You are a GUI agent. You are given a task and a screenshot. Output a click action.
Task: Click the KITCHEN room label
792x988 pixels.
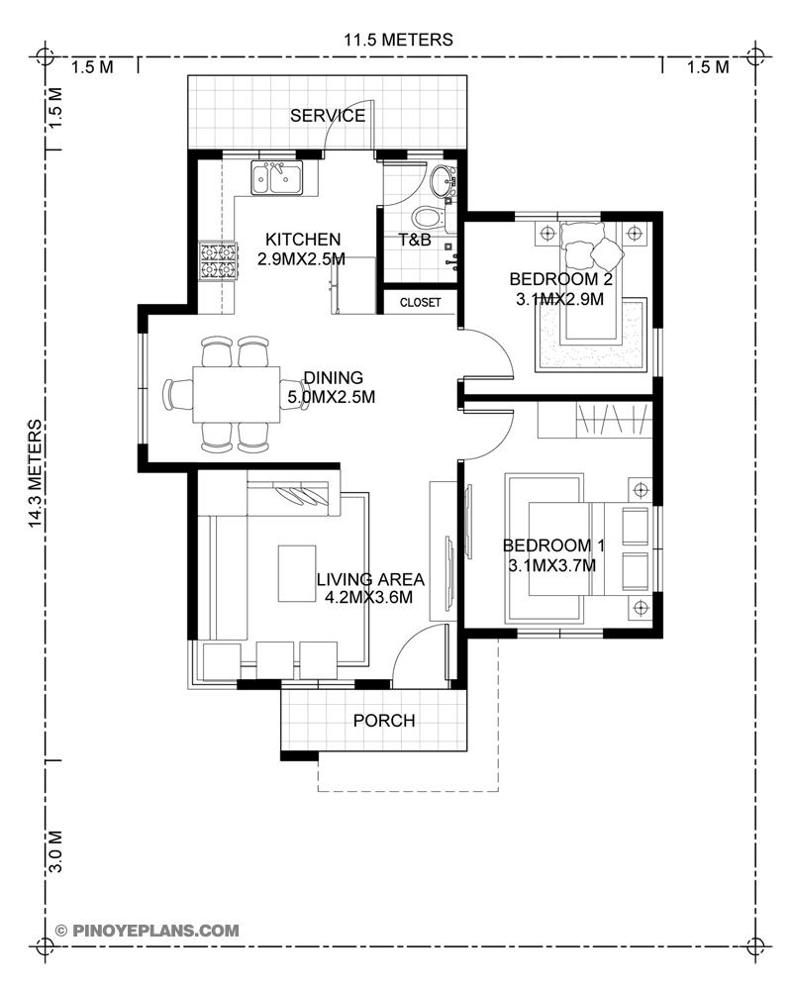(x=302, y=240)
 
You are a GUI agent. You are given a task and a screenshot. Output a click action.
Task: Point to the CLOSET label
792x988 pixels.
(x=420, y=302)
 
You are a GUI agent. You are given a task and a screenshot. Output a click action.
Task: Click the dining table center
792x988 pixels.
(x=235, y=395)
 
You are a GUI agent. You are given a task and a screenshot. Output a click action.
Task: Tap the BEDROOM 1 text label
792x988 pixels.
(x=552, y=545)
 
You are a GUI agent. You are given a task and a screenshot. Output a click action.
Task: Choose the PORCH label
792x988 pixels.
(x=384, y=721)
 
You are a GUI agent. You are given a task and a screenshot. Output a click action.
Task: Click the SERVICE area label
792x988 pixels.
(x=327, y=116)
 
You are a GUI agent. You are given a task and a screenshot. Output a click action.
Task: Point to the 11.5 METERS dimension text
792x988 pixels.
(x=398, y=41)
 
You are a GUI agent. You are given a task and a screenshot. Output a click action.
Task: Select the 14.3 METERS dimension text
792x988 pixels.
(x=37, y=475)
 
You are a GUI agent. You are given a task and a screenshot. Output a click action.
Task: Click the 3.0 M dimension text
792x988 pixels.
(x=55, y=850)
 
